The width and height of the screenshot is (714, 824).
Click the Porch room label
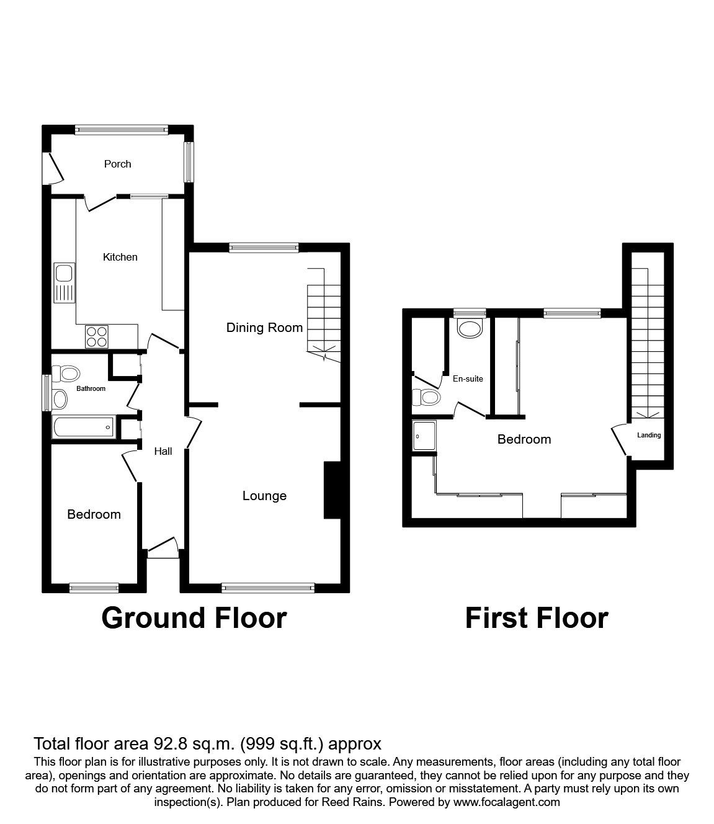(x=117, y=164)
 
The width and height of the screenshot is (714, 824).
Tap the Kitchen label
(x=120, y=257)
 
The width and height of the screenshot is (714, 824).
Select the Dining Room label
(x=264, y=328)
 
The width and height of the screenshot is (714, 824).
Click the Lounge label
(x=264, y=496)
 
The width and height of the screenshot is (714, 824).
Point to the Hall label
(x=163, y=451)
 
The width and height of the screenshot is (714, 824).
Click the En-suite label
(x=468, y=378)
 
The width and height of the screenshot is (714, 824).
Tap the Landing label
(x=649, y=435)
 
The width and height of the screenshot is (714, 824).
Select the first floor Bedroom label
(x=524, y=439)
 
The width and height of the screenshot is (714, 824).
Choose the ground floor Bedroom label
(x=94, y=514)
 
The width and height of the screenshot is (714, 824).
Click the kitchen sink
(x=64, y=282)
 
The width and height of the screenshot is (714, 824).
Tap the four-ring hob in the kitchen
(x=96, y=336)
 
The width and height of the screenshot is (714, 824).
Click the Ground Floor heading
(x=194, y=618)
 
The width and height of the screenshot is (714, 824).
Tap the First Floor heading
(x=537, y=618)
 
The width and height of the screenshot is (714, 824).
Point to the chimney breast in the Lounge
(x=332, y=490)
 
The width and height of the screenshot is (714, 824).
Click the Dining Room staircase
(x=324, y=316)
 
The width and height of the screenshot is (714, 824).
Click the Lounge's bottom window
(x=268, y=586)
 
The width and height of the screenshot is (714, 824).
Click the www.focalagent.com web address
(x=506, y=802)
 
